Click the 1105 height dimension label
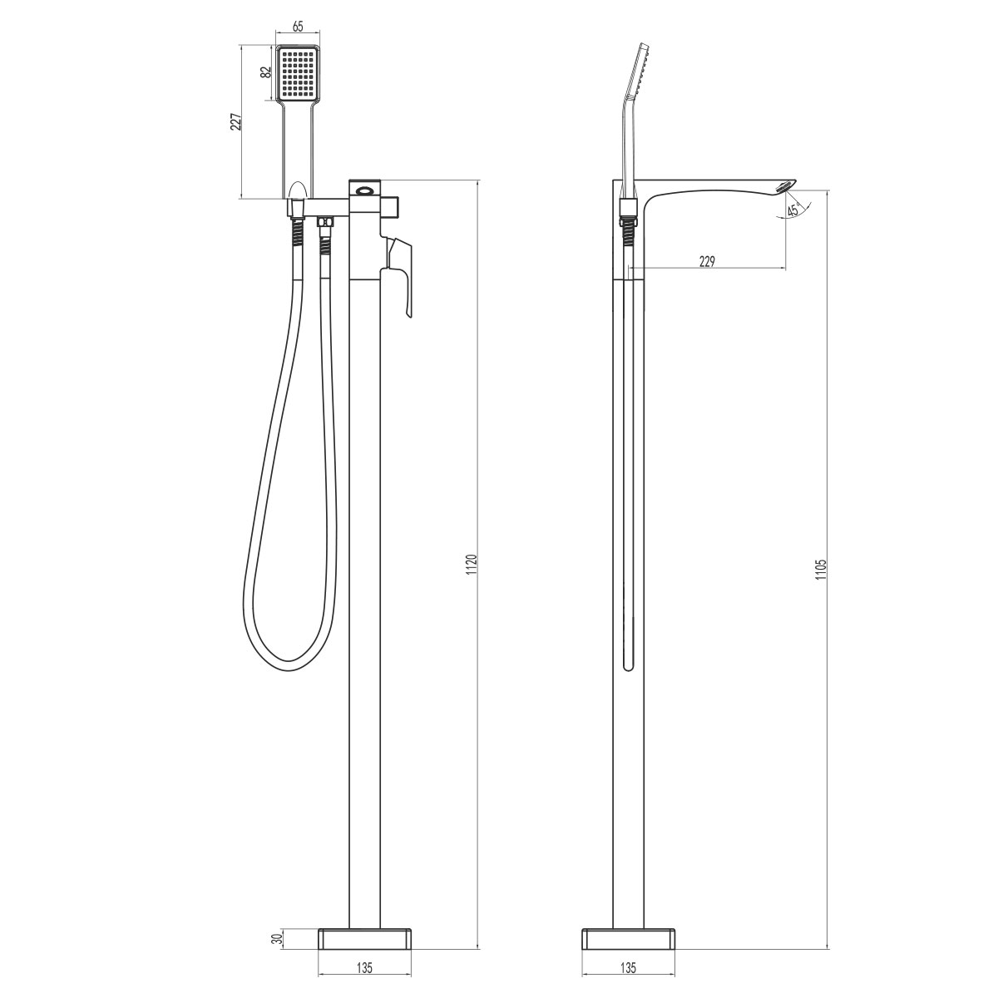pos(820,574)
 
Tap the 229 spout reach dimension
pos(707,261)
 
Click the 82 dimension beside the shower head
pos(266,72)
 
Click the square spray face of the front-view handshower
pos(298,72)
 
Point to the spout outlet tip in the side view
pos(786,185)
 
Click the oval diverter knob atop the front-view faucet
pos(364,190)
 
